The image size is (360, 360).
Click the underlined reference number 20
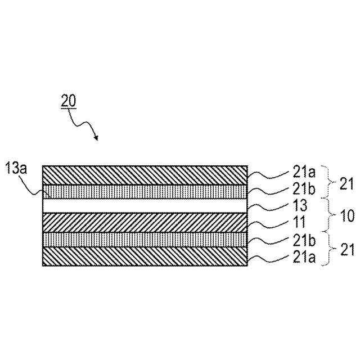point(69,101)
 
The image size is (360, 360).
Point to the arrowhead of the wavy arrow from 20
point(96,138)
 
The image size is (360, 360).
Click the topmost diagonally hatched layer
point(145,175)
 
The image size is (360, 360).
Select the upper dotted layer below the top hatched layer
point(145,191)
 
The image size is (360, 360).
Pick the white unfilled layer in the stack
point(145,206)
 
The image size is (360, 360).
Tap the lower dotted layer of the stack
point(145,240)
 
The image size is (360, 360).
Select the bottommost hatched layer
point(145,256)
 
